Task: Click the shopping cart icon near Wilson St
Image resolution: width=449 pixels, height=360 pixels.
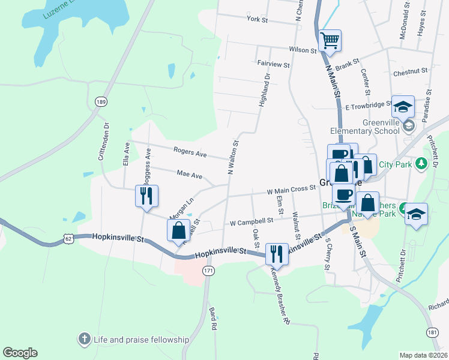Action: [330, 41]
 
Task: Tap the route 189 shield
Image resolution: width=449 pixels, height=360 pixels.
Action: [100, 101]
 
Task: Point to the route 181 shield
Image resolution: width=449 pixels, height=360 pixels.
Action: [432, 331]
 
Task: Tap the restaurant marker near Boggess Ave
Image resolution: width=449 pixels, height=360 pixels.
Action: [146, 195]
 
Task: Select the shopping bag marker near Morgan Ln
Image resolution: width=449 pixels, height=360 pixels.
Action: [179, 230]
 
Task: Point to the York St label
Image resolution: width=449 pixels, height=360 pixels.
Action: [256, 19]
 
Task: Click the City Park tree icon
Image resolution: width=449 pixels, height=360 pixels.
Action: [421, 163]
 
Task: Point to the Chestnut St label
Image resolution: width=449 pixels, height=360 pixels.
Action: [411, 71]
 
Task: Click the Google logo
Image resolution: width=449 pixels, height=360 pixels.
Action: [20, 353]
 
